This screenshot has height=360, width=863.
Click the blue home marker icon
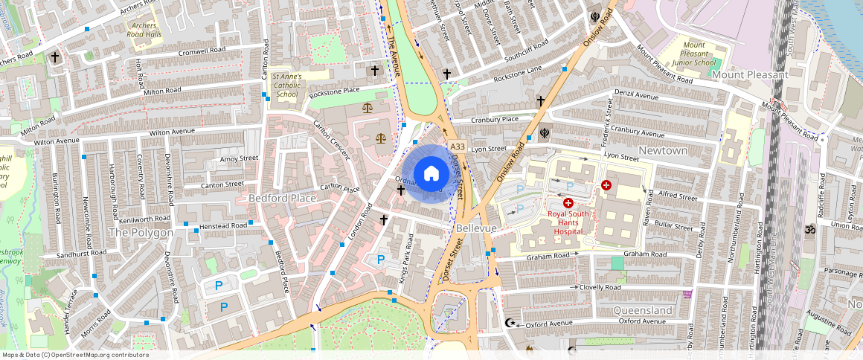[x=431, y=173]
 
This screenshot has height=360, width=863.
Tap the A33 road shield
[x=457, y=147]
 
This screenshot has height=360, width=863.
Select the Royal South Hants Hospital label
[x=568, y=222]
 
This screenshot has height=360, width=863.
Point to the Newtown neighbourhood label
[x=663, y=150]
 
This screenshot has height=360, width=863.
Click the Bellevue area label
[x=476, y=228]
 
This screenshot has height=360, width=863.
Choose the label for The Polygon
[x=141, y=232]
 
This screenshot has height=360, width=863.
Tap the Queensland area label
[x=643, y=309]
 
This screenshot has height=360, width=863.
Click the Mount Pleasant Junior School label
[x=693, y=54]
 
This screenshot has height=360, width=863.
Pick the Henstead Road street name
[x=219, y=225]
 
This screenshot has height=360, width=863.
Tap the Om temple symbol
[x=810, y=230]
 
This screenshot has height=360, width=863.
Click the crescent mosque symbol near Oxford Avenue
[x=510, y=324]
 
